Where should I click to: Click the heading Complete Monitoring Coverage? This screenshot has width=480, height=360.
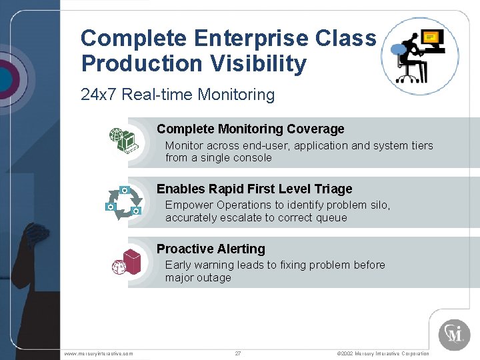[x=250, y=129]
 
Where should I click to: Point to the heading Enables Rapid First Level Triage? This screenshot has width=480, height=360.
[x=254, y=189]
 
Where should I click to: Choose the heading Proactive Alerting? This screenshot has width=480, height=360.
[x=211, y=249]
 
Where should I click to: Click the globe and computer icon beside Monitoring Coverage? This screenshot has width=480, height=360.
[x=123, y=140]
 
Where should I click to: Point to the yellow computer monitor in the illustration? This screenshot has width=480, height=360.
[x=432, y=38]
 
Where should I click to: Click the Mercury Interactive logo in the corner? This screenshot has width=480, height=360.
[x=454, y=334]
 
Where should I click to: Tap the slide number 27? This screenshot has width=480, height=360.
[x=238, y=353]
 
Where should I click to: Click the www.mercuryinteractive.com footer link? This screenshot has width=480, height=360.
[x=98, y=353]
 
